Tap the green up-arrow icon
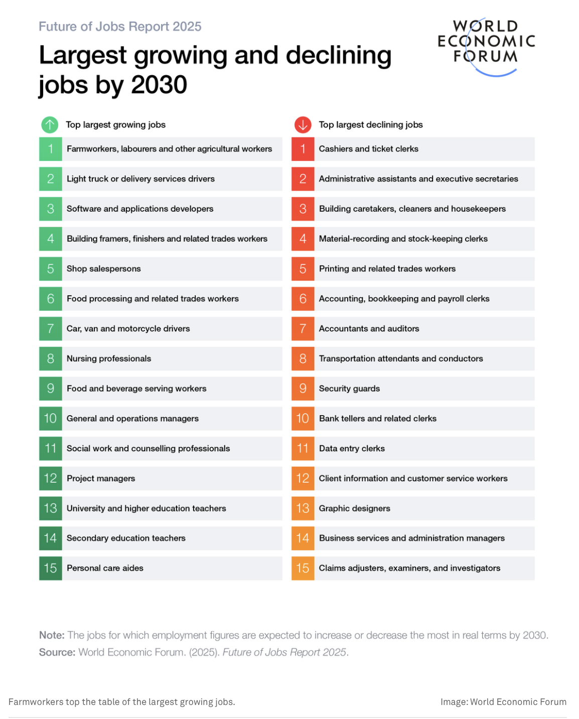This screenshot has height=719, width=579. point(50,124)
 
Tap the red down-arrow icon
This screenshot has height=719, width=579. point(303,124)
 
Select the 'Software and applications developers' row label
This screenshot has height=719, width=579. point(140,209)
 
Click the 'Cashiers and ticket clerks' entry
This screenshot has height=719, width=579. point(368,149)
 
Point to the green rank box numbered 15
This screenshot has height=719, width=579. point(51,568)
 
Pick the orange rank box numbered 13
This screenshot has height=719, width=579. point(303,508)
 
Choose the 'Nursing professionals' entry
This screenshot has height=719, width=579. point(109,358)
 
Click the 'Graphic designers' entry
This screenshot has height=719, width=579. point(354,508)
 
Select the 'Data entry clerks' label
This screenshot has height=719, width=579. point(352,448)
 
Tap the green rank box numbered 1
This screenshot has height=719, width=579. point(51,149)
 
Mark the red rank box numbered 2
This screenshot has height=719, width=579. point(303,179)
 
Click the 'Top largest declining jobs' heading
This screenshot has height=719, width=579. point(371,124)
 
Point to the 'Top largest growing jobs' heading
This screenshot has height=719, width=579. point(115,124)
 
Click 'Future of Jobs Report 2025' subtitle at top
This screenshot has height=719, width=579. point(120,27)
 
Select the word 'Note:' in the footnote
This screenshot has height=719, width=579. point(52,635)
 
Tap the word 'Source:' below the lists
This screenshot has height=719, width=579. point(57,652)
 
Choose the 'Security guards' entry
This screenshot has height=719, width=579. point(349,389)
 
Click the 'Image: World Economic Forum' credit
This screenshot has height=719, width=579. point(503,702)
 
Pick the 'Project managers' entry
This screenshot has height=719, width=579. point(101,478)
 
